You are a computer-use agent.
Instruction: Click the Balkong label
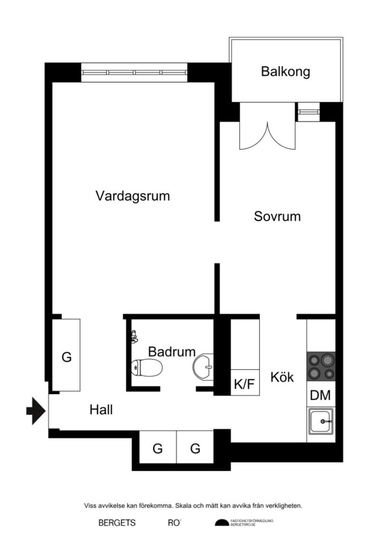(x=285, y=72)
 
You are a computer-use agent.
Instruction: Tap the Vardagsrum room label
(x=133, y=196)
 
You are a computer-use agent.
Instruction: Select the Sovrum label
(x=277, y=216)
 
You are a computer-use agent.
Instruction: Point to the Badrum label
(x=171, y=352)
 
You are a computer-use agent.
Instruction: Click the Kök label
(x=282, y=377)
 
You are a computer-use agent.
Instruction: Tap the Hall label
(x=101, y=410)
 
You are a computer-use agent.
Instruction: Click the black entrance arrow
(x=36, y=411)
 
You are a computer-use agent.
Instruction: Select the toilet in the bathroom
(x=146, y=368)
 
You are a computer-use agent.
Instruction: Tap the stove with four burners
(x=321, y=366)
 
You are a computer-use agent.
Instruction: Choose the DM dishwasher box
(x=321, y=396)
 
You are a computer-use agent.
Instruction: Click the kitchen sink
(x=321, y=421)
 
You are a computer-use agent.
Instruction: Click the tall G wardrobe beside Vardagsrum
(x=66, y=356)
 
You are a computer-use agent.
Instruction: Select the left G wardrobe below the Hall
(x=157, y=448)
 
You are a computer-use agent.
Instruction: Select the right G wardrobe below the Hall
(x=195, y=448)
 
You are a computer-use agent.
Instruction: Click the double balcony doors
(x=267, y=134)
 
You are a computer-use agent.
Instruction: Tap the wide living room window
(x=134, y=72)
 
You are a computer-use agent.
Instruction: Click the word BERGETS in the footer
(x=117, y=523)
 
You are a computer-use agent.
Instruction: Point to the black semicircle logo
(x=222, y=523)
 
